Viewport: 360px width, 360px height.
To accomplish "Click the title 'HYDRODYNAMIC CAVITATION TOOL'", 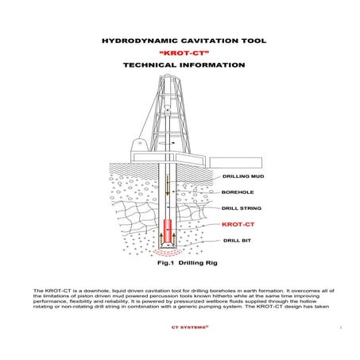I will coord(179,39).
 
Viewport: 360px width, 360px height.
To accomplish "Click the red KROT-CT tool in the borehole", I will coord(168,229).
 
